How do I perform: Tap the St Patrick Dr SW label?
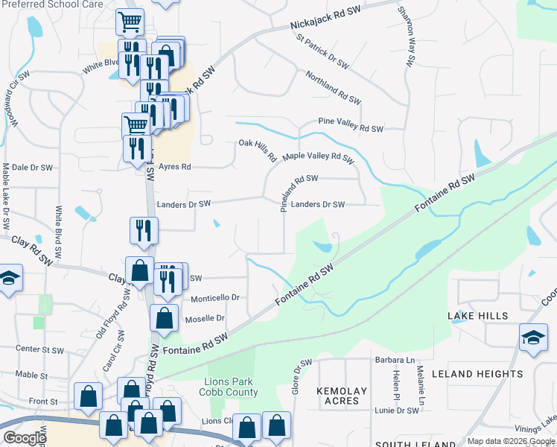(322, 51)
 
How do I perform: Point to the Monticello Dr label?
(215, 298)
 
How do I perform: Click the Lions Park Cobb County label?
(231, 387)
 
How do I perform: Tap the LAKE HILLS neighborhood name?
(478, 316)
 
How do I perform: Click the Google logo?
(24, 438)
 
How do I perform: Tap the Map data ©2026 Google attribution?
(511, 441)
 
